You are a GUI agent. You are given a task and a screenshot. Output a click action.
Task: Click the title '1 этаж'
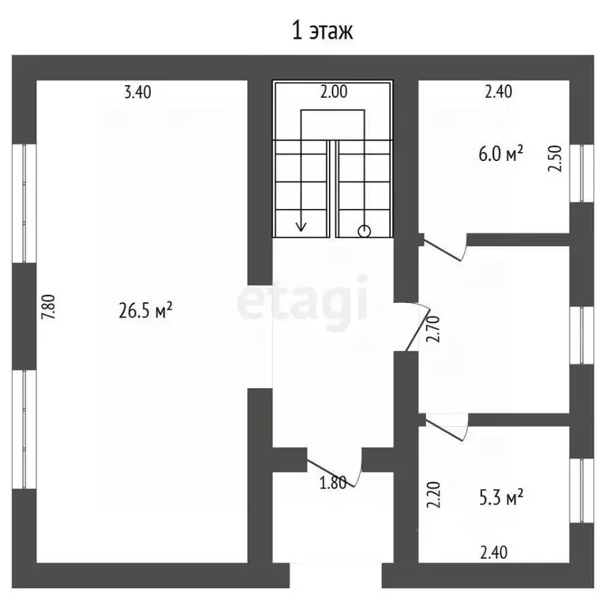pyautogui.click(x=322, y=32)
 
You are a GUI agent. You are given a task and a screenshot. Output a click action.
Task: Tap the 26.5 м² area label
pyautogui.click(x=145, y=311)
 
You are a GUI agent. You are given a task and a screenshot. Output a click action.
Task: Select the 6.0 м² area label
pyautogui.click(x=501, y=154)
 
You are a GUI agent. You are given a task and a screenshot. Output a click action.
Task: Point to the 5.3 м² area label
pyautogui.click(x=501, y=497)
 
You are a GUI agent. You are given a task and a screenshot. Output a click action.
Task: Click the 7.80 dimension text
pyautogui.click(x=50, y=307)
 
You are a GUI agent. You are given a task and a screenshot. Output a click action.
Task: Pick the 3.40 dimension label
pyautogui.click(x=137, y=92)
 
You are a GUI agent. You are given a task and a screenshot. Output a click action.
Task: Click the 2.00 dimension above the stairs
pyautogui.click(x=334, y=92)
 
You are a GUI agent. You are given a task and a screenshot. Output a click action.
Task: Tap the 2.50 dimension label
pyautogui.click(x=555, y=159)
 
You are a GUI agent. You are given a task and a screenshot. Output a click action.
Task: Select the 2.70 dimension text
pyautogui.click(x=433, y=329)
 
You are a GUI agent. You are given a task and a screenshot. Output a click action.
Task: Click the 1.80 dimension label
pyautogui.click(x=333, y=483)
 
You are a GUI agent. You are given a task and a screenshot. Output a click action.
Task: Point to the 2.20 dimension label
pyautogui.click(x=433, y=495)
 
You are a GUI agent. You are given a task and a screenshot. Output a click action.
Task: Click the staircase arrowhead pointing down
pyautogui.click(x=301, y=226)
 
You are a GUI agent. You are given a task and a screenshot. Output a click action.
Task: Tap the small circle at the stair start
pyautogui.click(x=365, y=231)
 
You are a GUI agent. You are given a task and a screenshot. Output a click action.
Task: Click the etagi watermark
pyautogui.click(x=302, y=301)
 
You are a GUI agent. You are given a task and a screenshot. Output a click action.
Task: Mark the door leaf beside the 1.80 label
pyautogui.click(x=331, y=473)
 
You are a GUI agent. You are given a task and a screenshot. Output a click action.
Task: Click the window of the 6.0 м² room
pyautogui.click(x=582, y=173)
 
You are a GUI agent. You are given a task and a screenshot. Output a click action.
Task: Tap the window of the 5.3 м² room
pyautogui.click(x=582, y=491)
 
